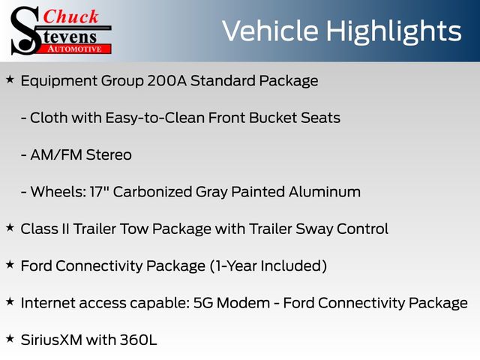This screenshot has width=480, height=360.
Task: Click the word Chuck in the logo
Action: coord(70,16)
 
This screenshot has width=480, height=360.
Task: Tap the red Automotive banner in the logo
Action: coord(75,49)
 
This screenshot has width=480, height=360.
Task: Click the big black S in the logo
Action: coord(25,31)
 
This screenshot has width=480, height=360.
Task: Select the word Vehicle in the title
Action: coord(270,31)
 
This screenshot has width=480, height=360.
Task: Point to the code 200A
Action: coord(166,81)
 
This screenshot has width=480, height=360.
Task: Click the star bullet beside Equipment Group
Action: coord(10,79)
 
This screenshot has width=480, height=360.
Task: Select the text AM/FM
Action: coord(56,155)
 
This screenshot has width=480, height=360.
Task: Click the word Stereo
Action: coord(109,155)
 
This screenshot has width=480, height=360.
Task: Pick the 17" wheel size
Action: coord(100,192)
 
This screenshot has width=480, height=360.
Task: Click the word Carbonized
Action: coord(152,192)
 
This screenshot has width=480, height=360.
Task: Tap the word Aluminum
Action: coord(325,192)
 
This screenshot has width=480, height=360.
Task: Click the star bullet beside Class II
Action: coord(10,228)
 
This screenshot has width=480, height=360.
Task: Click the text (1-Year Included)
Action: coord(268,266)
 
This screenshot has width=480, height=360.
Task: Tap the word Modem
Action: coord(243,303)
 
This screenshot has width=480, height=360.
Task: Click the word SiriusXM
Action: coord(52,340)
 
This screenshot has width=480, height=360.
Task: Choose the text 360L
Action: coord(138,340)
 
